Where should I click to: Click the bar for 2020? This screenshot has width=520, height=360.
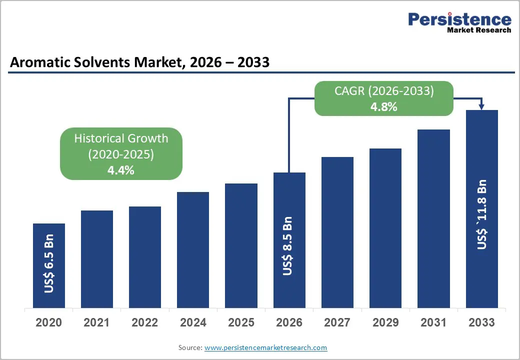49,265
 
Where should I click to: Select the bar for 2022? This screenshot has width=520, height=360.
145,257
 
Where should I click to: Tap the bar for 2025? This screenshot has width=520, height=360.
241,245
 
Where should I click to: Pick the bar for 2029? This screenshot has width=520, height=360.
385,228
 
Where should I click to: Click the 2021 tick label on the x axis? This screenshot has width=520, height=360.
97,322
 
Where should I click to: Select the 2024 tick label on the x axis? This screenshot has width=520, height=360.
193,322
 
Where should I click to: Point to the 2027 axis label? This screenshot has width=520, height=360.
337,322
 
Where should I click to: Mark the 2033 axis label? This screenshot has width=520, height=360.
482,322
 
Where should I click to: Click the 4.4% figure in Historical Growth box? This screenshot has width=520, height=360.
121,170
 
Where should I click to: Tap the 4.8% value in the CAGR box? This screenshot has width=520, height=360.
383,106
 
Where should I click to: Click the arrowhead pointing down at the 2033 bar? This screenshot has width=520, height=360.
482,106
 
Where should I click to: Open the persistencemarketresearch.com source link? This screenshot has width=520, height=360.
265,347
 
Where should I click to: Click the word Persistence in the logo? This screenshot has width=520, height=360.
459,19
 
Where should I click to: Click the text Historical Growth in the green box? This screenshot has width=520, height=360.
121,138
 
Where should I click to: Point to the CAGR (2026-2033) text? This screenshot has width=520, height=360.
383,91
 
